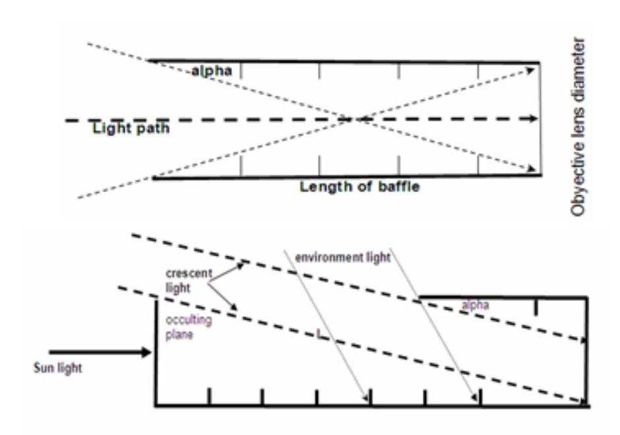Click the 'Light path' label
[131, 128]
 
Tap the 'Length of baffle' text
[359, 186]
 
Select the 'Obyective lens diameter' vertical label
[577, 127]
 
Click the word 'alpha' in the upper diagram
[212, 71]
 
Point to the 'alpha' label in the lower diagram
[476, 305]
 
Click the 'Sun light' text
[58, 368]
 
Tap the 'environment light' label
[343, 257]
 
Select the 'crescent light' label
[189, 281]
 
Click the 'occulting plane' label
[189, 327]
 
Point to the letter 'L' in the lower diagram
[321, 335]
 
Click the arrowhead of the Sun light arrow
[146, 352]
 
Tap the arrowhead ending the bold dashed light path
[533, 118]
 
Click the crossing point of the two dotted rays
[353, 119]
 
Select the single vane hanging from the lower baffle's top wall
[536, 307]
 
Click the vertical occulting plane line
[156, 352]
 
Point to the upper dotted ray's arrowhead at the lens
[531, 70]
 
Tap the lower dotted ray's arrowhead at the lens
[531, 169]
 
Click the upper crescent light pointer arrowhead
[241, 265]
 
